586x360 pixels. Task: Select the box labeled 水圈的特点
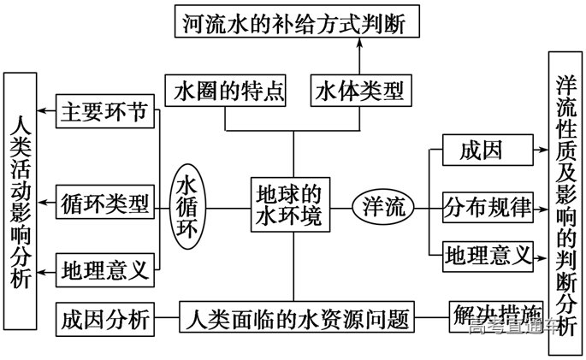225,90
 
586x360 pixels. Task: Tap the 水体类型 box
358,90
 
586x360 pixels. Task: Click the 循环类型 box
105,204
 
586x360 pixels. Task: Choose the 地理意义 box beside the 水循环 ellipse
105,270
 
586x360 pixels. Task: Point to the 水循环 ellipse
186,205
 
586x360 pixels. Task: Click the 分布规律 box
488,206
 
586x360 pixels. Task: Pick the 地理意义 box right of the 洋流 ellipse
488,254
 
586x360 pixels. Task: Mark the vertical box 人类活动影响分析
21,201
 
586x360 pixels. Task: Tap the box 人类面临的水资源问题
296,318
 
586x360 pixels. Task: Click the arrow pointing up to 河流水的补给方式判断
358,56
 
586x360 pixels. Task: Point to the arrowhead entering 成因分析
161,318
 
